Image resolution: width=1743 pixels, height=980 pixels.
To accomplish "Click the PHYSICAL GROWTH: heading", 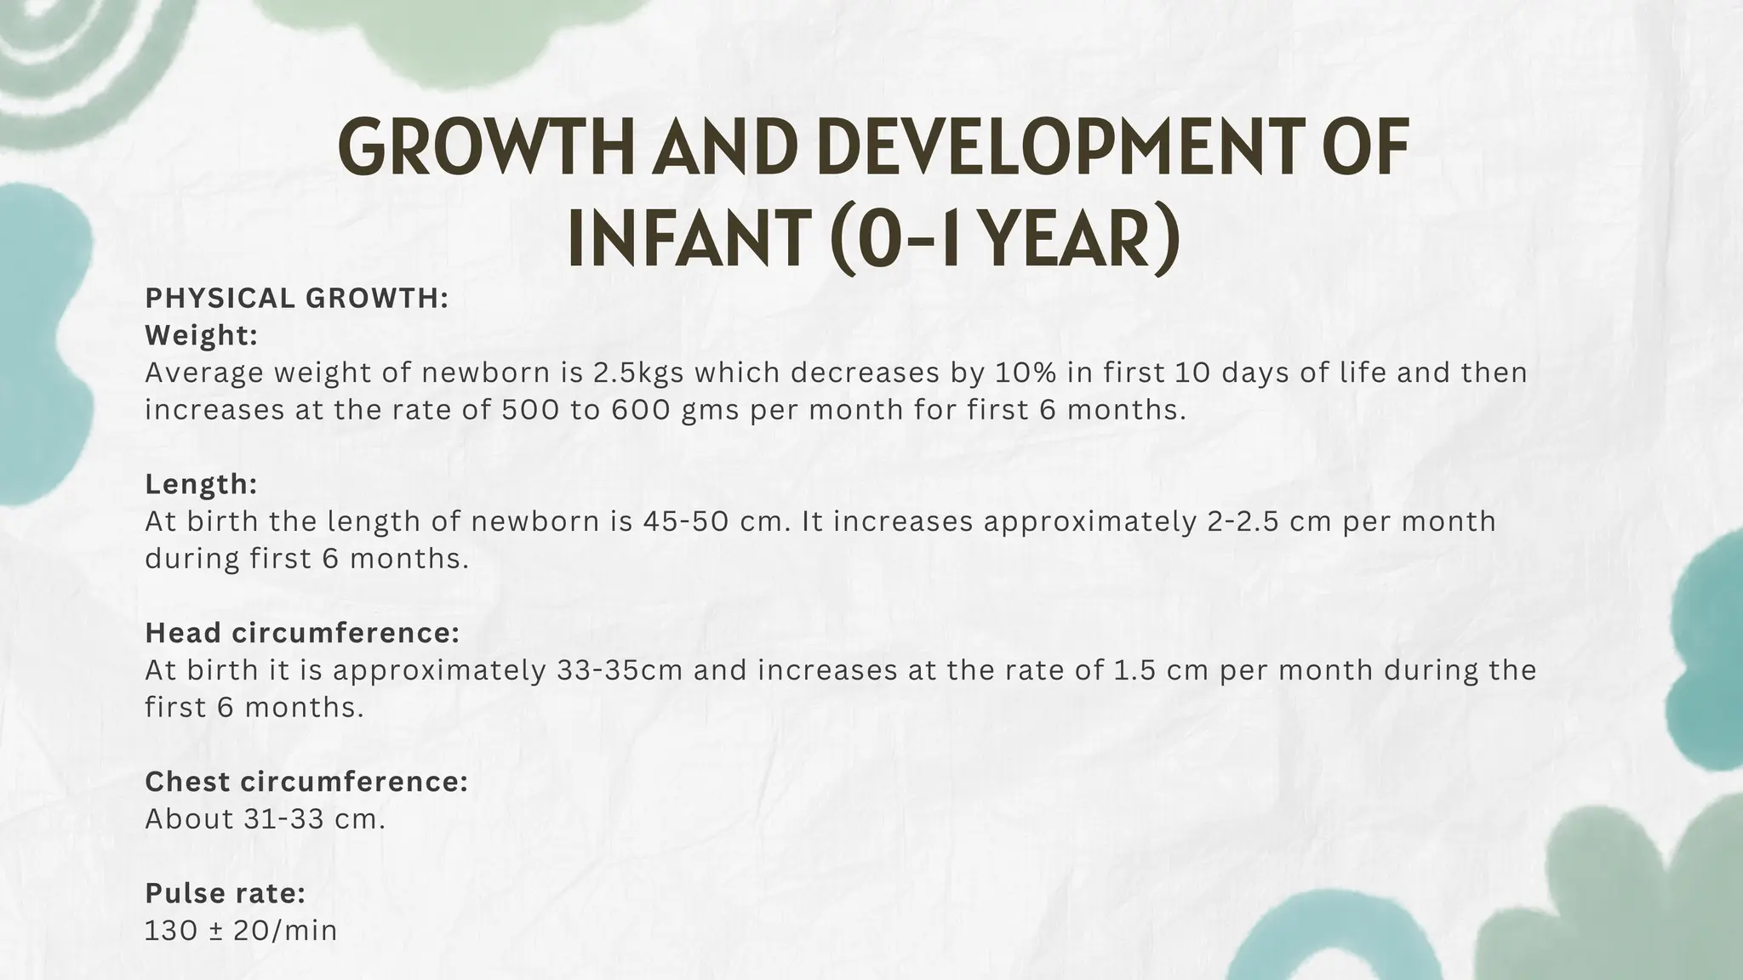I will coord(296,299).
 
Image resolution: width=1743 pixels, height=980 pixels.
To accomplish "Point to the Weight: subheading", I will coord(201,335).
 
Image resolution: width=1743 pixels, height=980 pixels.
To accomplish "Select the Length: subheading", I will coord(201,484).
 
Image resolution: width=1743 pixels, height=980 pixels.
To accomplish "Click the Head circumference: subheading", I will coord(302,633).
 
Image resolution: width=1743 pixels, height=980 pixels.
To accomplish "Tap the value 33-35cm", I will coord(620,670).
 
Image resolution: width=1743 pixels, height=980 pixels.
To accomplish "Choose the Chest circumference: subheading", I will coord(306,782).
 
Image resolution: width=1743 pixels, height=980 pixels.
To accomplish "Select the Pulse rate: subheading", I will coord(225,893).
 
